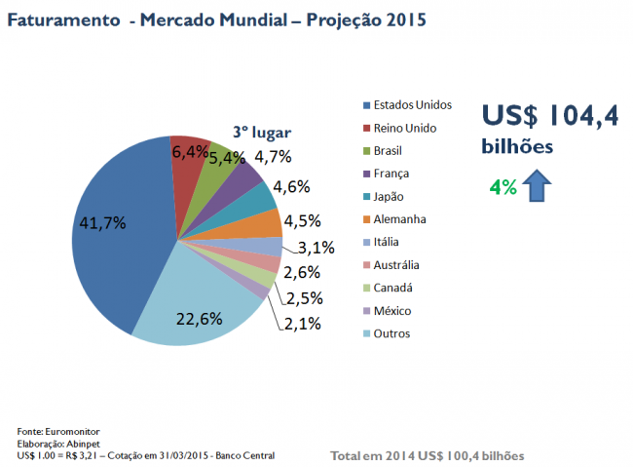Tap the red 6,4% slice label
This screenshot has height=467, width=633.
[189, 151]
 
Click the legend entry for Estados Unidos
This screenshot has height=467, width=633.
[406, 104]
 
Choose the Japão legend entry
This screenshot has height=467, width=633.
[388, 197]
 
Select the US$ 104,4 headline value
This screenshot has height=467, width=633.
[552, 115]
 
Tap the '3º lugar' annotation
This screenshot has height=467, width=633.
[261, 132]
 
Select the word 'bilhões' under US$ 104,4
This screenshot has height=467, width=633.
[518, 146]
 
